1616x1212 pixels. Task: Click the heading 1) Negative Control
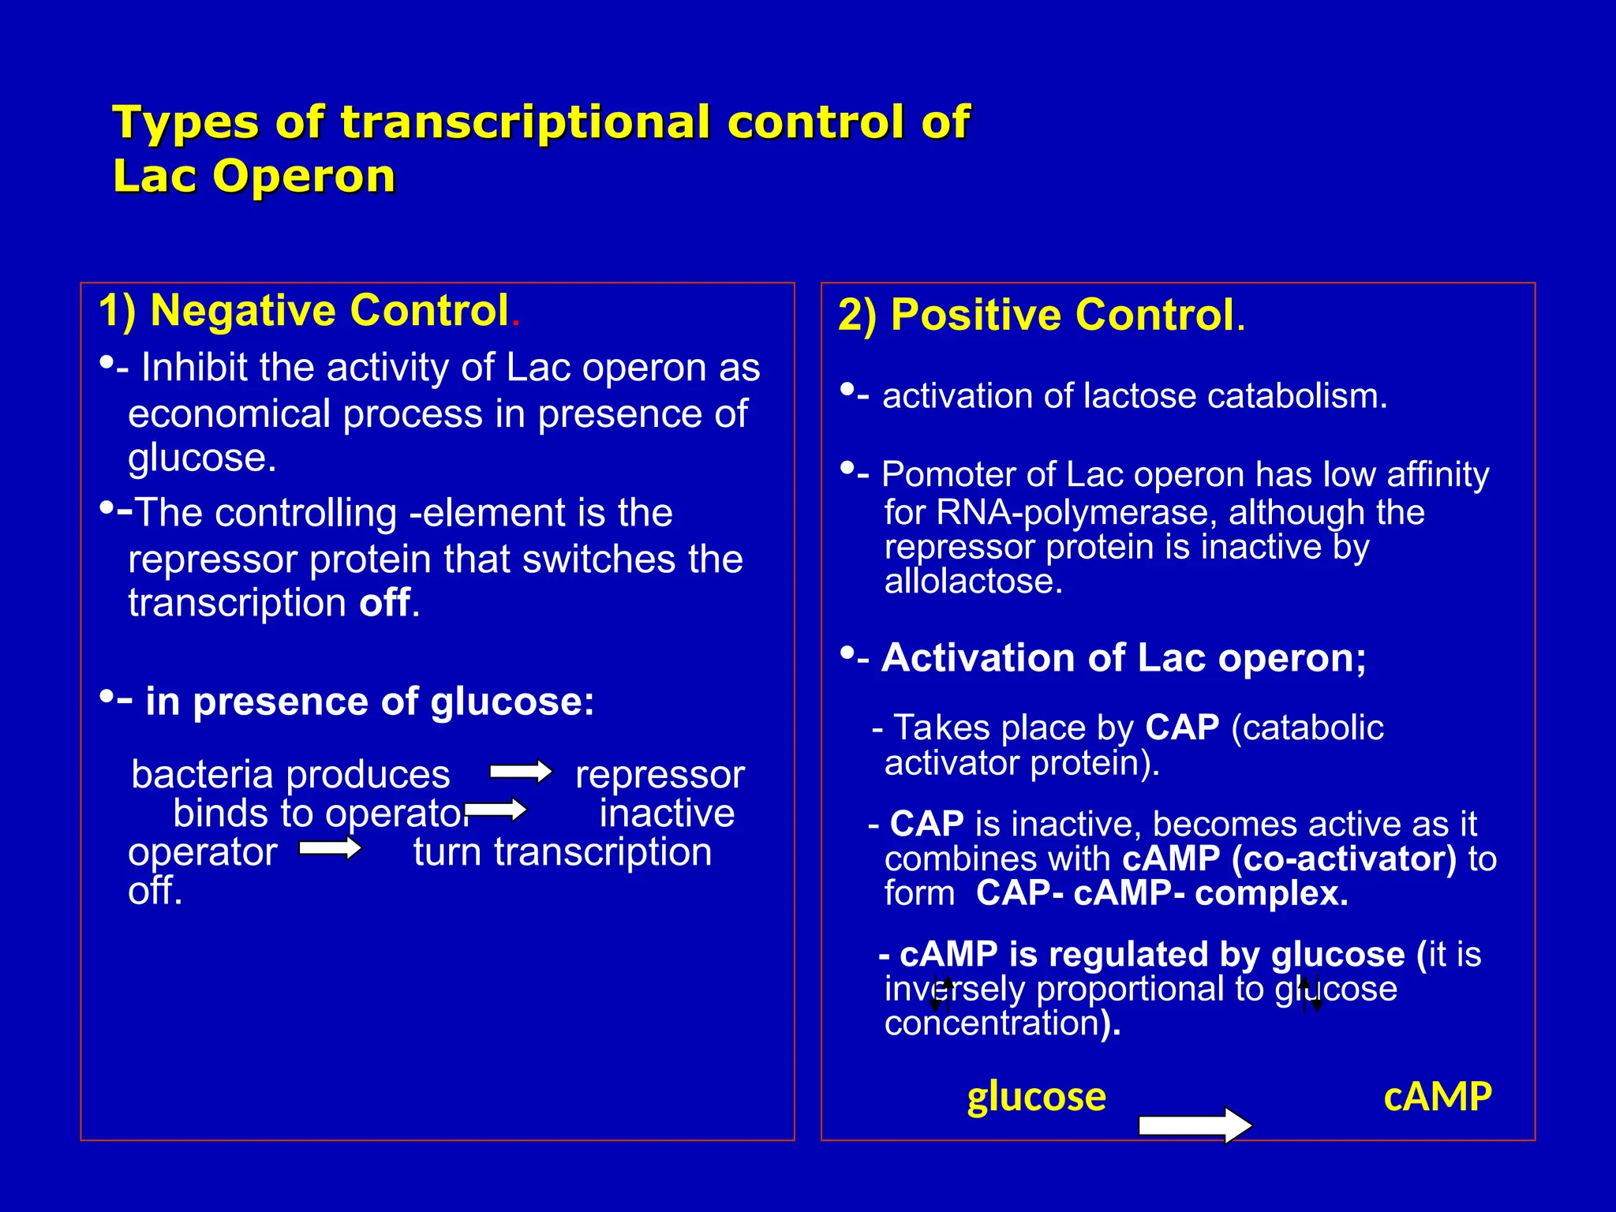tap(308, 310)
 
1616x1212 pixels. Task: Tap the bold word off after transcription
tap(385, 603)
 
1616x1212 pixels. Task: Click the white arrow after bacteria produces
tap(520, 772)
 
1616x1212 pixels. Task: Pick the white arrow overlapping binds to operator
tap(496, 810)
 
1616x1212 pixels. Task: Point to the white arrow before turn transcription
tap(330, 848)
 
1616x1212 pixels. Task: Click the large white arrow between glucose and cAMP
tap(1195, 1124)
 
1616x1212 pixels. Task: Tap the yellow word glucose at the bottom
tap(1036, 1097)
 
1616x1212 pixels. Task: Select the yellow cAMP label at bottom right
tap(1437, 1097)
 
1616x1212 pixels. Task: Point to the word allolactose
tap(973, 582)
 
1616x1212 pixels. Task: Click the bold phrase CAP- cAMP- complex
tap(1161, 893)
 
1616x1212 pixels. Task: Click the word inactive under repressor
tap(667, 813)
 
